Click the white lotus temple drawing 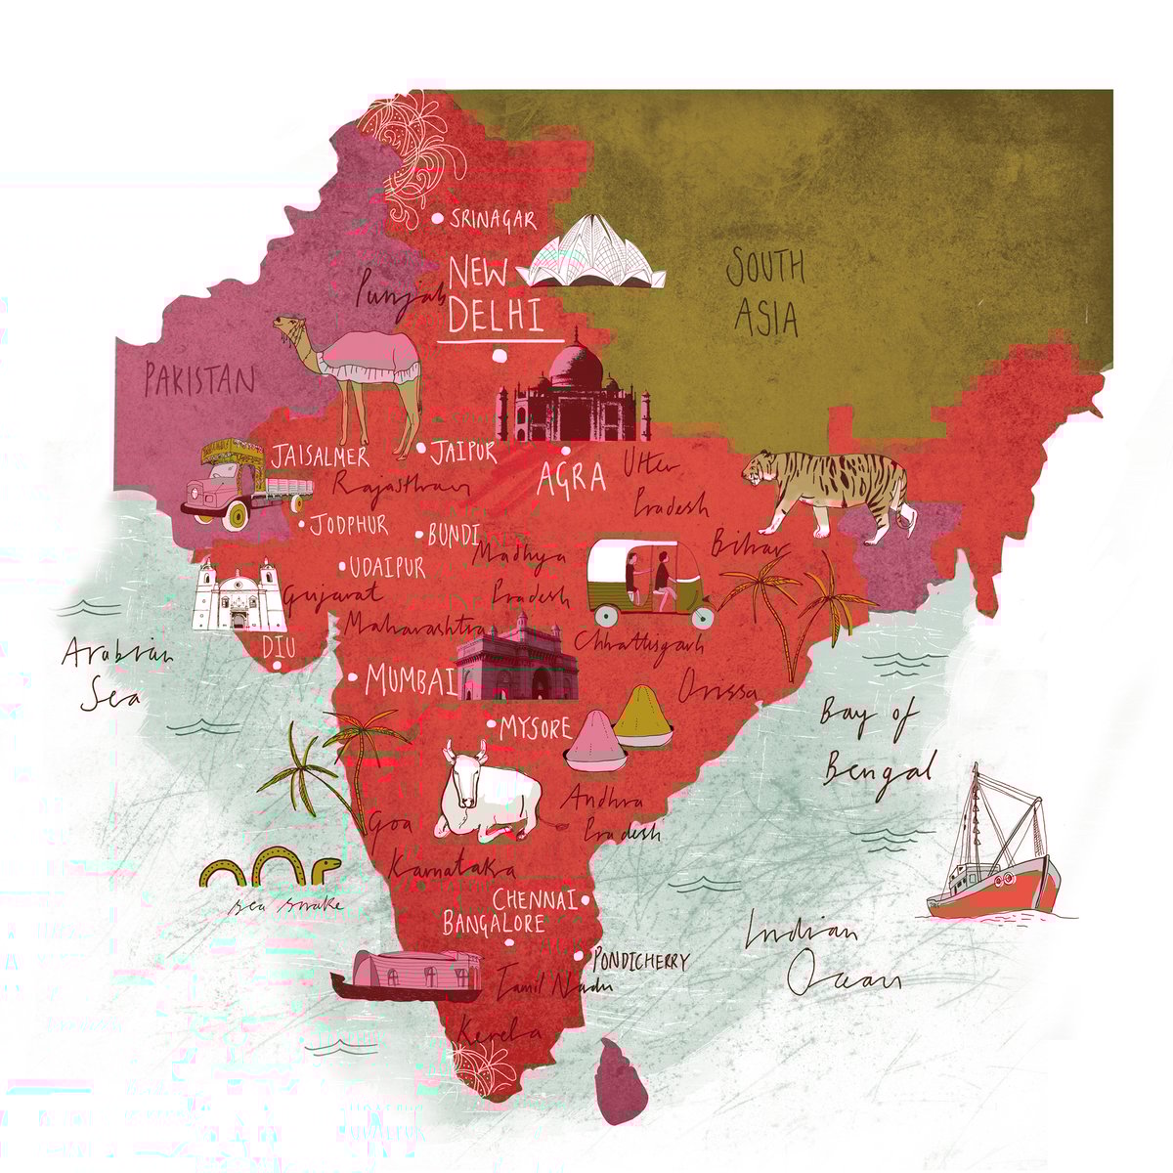[594, 257]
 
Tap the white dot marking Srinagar [437, 220]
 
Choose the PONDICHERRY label [640, 962]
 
